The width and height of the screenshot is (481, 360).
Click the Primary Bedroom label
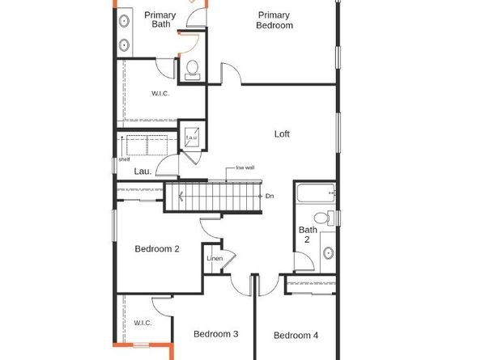(275, 20)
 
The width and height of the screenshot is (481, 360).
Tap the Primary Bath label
(160, 19)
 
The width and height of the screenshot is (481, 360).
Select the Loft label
(282, 134)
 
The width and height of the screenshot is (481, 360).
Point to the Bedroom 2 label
(157, 249)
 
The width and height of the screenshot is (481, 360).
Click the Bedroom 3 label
(215, 334)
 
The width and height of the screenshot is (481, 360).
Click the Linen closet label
(215, 259)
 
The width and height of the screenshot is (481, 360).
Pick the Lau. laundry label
(143, 171)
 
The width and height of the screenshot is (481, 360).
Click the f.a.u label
(192, 138)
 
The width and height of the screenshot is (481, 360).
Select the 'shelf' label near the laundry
(124, 159)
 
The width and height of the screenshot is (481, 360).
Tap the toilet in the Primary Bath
(193, 70)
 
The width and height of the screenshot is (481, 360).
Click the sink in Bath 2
(328, 252)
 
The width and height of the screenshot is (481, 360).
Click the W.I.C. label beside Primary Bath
(160, 94)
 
